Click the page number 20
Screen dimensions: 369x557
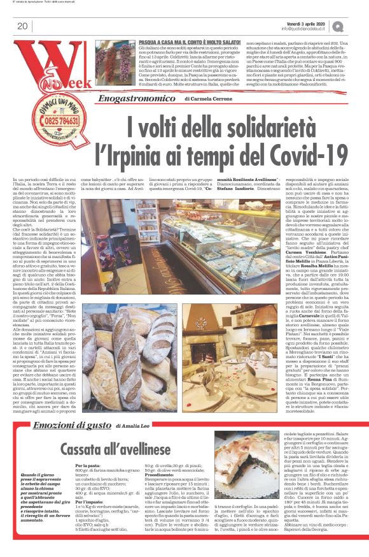pyautogui.click(x=22, y=25)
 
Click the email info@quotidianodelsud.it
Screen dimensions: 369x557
pyautogui.click(x=317, y=29)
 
